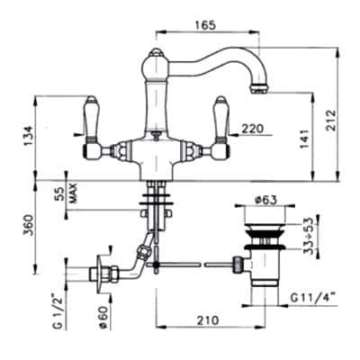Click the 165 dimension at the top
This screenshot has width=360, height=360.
[205, 25]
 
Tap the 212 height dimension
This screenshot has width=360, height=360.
[330, 120]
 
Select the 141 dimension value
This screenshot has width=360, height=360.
[304, 139]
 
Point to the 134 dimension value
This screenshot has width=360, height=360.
[29, 136]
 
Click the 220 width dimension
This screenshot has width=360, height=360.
[253, 129]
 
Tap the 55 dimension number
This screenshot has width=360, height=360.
[58, 194]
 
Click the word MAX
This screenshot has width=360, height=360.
[74, 193]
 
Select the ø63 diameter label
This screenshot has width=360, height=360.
[263, 199]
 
